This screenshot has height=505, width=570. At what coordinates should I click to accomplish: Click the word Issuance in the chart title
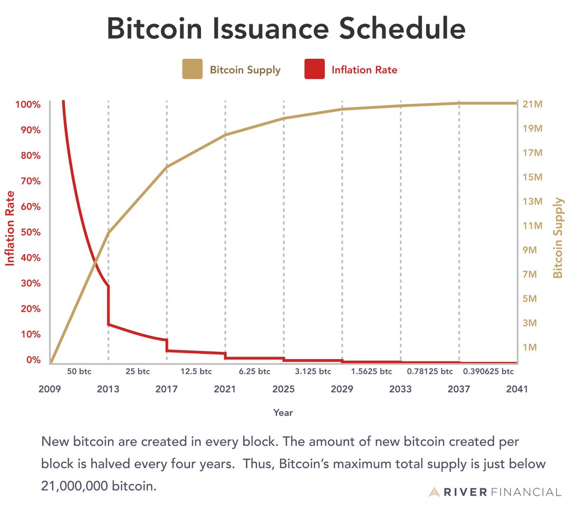270,28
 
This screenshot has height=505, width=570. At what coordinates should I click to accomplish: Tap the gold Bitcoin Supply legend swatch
192,69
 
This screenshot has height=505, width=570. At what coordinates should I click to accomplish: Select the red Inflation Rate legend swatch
314,69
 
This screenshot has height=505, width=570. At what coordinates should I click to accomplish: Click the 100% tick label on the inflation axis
28,104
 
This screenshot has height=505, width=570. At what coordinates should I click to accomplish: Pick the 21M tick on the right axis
532,104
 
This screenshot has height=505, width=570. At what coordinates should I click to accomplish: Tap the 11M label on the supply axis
532,226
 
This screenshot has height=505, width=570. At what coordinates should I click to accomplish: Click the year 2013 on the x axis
108,389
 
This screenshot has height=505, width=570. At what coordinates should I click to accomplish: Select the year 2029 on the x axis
342,389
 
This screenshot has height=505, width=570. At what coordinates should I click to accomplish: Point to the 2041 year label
517,389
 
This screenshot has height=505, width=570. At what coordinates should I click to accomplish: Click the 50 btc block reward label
79,371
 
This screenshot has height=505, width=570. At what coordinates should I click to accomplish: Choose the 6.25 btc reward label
255,371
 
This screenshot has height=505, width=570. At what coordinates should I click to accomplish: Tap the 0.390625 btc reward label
488,371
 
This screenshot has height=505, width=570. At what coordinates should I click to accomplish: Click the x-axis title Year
283,413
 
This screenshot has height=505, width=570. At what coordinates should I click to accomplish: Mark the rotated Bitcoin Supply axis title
558,238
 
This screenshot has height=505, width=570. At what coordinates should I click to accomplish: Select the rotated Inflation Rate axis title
10,229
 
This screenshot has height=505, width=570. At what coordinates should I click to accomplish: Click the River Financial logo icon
434,492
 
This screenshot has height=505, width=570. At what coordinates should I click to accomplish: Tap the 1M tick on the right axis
530,347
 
